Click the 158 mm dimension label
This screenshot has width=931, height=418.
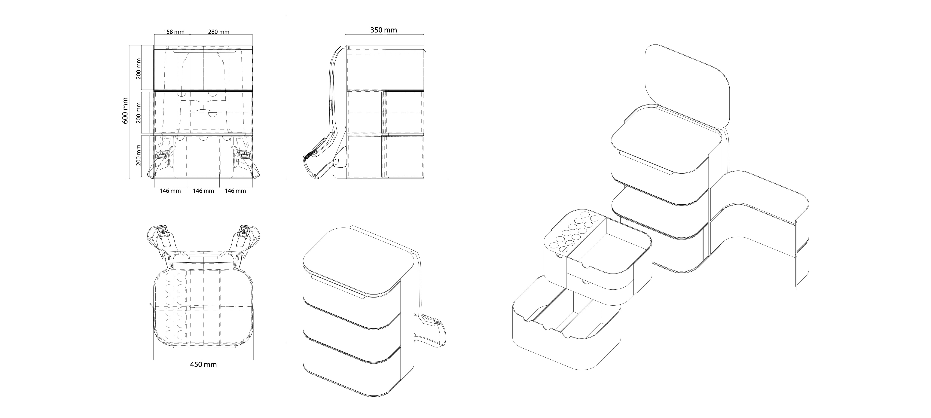[174, 32]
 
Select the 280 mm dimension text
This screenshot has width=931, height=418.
[219, 32]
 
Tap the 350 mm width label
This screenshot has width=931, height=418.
[383, 30]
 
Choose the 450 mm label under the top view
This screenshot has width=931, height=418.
[203, 365]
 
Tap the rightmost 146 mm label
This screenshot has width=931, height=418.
[235, 191]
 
